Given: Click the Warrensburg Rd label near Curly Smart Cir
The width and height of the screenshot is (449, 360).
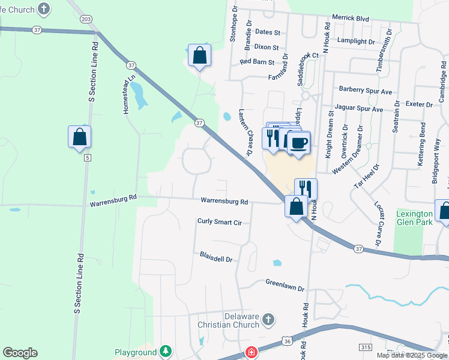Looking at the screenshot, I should (x=224, y=202).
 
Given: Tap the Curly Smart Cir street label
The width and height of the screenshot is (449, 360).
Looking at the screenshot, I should (x=219, y=221).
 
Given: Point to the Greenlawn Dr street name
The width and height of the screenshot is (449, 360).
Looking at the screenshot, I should (x=285, y=284).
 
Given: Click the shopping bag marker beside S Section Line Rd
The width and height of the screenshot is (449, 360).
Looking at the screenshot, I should (x=79, y=137).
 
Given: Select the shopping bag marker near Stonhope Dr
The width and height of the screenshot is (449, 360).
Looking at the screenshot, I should (x=199, y=56).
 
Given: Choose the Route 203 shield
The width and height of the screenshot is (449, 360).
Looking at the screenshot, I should (x=86, y=19).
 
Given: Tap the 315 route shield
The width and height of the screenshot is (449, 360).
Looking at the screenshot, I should (x=365, y=347).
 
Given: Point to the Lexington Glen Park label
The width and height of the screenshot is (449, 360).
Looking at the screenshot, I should (x=414, y=218).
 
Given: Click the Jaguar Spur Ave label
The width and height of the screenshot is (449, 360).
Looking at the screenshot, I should (x=361, y=110).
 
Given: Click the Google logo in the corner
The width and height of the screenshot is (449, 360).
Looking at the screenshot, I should (x=20, y=353).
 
